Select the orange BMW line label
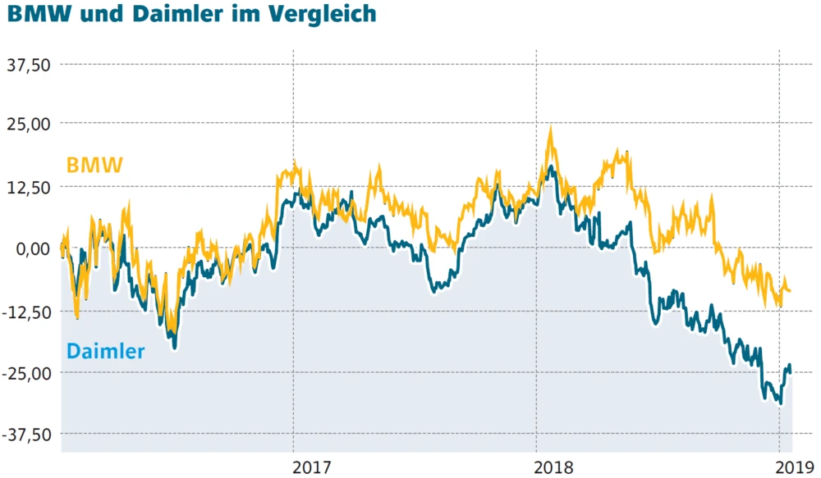point(94,166)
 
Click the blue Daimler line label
point(105,352)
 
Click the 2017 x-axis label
point(312,468)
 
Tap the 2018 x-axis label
point(554,468)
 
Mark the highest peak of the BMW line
point(550,129)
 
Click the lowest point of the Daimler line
point(780,403)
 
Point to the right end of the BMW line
point(790,290)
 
